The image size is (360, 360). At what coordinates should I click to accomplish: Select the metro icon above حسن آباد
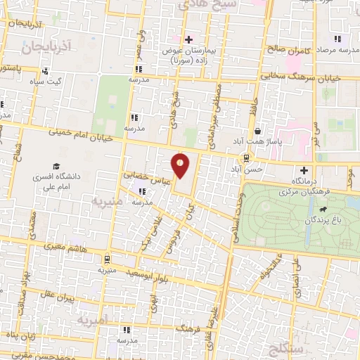[247, 158]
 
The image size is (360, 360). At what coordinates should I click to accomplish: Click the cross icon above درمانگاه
[304, 169]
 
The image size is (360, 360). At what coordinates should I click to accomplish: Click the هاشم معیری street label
[74, 248]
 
